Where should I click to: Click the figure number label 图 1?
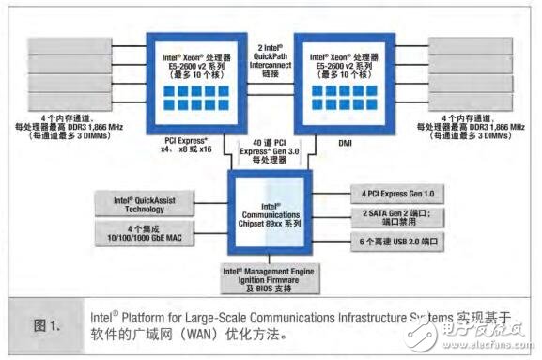click(x=49, y=325)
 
